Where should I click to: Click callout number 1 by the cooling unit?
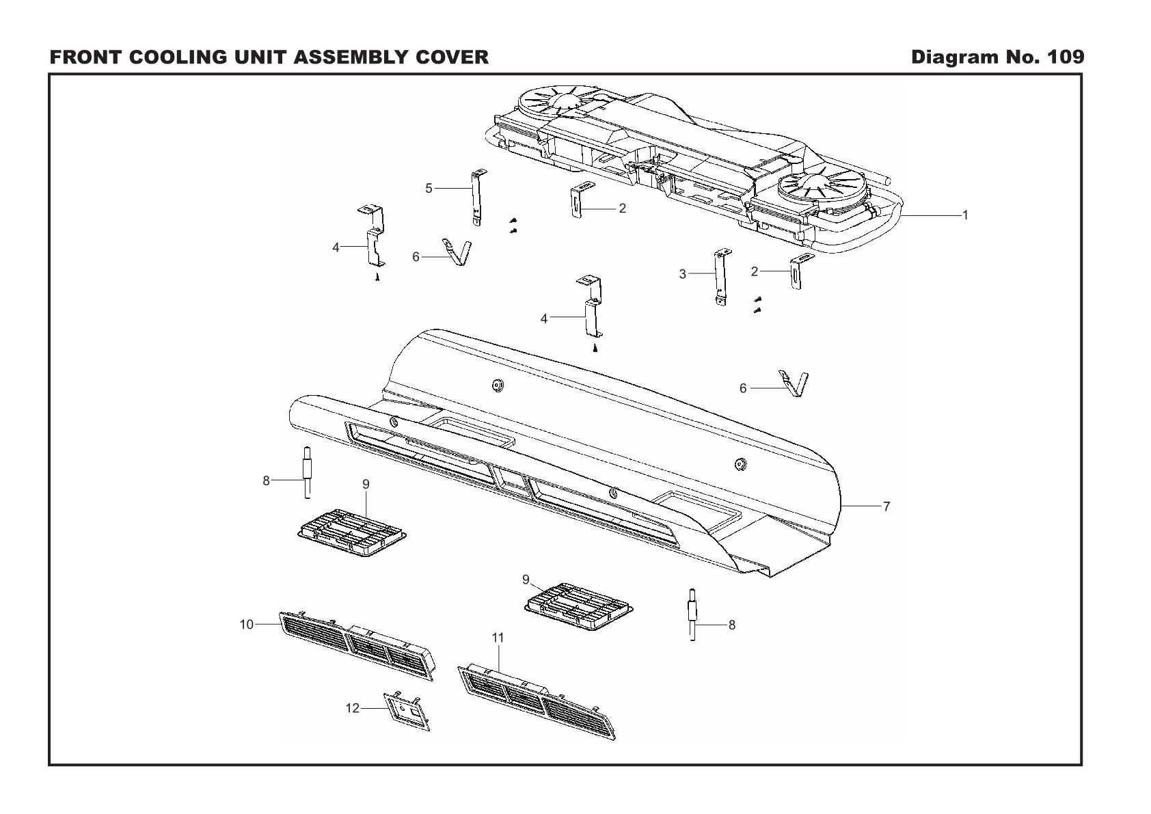point(965,215)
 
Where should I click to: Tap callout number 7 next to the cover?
point(886,506)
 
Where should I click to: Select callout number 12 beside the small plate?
point(352,708)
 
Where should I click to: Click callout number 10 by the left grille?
point(247,624)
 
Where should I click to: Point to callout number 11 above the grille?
point(498,637)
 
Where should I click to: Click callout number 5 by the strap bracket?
point(429,188)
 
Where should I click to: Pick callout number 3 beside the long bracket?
point(682,274)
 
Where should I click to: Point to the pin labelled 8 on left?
point(308,472)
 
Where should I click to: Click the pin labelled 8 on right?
point(693,613)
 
